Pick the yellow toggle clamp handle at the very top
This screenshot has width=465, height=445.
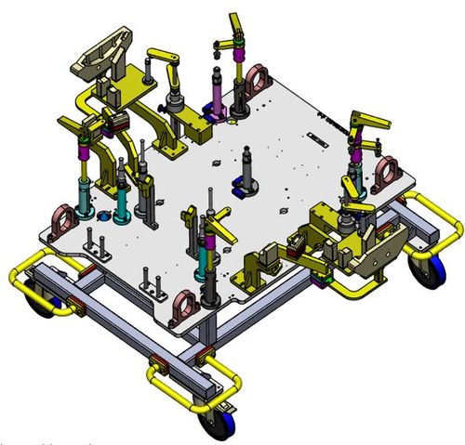(x=234, y=21)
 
